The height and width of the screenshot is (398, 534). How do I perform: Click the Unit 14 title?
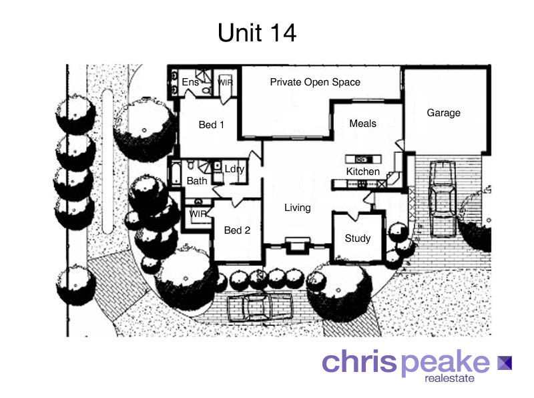257,33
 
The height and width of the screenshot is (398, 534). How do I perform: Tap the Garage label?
443,113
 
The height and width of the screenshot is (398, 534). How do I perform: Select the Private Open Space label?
314,82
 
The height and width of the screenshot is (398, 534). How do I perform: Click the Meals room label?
362,124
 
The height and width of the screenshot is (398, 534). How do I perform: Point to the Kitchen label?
362,172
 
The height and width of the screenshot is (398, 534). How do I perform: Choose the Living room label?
297,208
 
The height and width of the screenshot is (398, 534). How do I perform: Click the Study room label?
357,238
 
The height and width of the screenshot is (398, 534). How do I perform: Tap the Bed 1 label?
211,125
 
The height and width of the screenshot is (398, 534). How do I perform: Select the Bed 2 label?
236,230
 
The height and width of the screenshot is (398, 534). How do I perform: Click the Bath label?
197,181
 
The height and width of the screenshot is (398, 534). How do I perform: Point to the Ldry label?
234,169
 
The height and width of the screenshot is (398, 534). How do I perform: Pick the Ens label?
190,82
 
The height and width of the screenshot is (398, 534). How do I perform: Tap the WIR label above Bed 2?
198,214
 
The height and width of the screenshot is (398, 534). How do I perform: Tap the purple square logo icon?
504,363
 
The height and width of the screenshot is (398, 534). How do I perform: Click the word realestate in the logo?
455,379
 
